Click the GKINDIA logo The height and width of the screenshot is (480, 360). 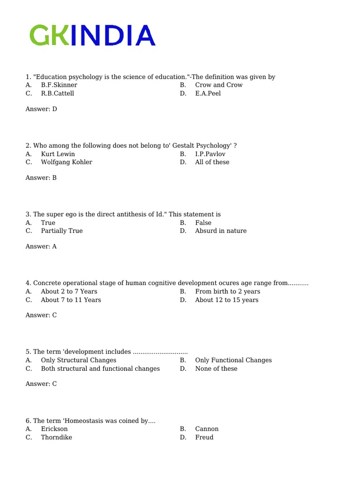click(92, 36)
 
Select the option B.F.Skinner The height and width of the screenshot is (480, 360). click(59, 85)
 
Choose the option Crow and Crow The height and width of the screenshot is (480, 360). click(218, 85)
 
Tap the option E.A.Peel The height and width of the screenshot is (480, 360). click(208, 93)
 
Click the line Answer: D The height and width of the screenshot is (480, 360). click(41, 109)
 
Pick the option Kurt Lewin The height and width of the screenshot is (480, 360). click(58, 154)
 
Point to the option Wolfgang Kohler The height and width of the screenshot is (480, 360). click(67, 162)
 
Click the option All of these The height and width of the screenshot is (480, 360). click(212, 162)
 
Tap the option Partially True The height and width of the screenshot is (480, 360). click(62, 231)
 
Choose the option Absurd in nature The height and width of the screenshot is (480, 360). click(220, 231)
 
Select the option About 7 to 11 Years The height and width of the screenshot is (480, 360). click(71, 300)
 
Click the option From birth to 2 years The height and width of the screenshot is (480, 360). click(227, 292)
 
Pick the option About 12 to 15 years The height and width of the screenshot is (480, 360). click(226, 300)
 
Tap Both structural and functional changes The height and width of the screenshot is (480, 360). click(100, 368)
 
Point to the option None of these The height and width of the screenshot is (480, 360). click(216, 368)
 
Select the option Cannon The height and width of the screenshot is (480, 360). click(207, 429)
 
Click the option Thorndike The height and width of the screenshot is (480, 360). click(57, 437)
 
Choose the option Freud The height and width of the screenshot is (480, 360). click(204, 437)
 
